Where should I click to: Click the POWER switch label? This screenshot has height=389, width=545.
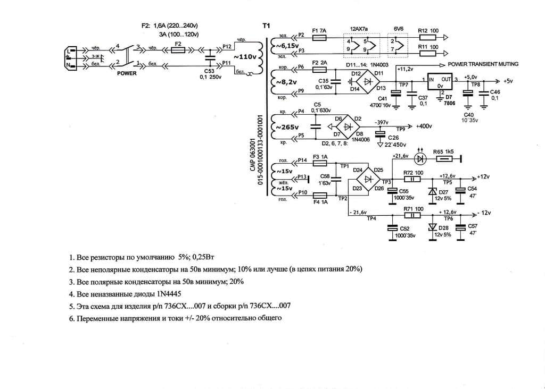(127, 73)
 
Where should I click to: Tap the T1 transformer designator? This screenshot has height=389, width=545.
(267, 26)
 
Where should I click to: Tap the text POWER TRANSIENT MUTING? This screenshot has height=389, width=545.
(483, 64)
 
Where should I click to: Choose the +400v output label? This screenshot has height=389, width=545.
(424, 126)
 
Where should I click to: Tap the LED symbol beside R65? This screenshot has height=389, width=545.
(420, 158)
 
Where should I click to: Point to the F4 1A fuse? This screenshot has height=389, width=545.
(320, 195)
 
